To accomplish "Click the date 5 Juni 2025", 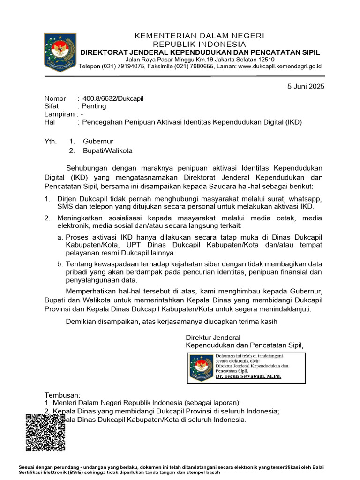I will click(x=306, y=86).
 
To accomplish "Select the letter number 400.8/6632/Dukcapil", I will click(x=113, y=98).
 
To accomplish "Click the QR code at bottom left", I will click(x=45, y=433).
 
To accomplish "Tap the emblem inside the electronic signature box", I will click(x=202, y=367).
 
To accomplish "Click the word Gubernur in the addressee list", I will click(x=98, y=141).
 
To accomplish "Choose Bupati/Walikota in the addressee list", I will click(x=108, y=150).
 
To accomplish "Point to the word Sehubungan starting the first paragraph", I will click(x=87, y=168).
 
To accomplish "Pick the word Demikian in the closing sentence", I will click(x=80, y=322).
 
